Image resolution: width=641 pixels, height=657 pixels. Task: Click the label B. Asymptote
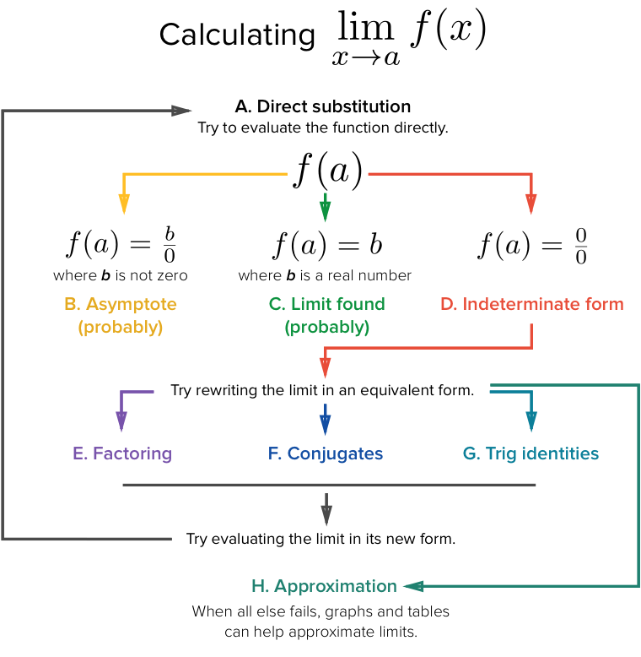[x=120, y=304]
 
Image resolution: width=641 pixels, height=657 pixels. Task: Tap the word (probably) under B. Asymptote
[x=120, y=328]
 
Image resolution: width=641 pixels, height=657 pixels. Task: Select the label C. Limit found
[x=326, y=304]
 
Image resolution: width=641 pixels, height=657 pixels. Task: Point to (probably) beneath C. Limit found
[x=326, y=328]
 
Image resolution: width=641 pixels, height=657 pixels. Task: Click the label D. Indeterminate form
[x=532, y=304]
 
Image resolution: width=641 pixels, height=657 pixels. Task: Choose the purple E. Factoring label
[x=122, y=453]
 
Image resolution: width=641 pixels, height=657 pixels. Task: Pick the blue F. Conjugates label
[x=326, y=453]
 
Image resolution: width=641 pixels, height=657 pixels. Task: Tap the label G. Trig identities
[x=531, y=453]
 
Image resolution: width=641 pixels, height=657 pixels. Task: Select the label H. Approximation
[x=324, y=586]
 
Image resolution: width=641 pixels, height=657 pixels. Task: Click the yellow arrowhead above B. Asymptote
[x=124, y=204]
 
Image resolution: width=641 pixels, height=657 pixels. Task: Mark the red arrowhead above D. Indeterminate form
[x=531, y=204]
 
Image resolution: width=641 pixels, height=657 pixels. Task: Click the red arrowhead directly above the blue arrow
[x=325, y=369]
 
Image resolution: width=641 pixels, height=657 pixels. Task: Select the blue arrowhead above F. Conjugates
[x=326, y=425]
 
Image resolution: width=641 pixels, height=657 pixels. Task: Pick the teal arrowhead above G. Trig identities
[x=531, y=421]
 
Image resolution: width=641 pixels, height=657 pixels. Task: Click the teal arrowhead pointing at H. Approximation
[x=413, y=586]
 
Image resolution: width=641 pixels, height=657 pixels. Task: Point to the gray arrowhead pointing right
[x=182, y=111]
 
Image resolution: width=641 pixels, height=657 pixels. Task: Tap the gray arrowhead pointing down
[x=326, y=516]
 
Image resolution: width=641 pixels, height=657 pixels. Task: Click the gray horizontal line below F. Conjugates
[x=329, y=485]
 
